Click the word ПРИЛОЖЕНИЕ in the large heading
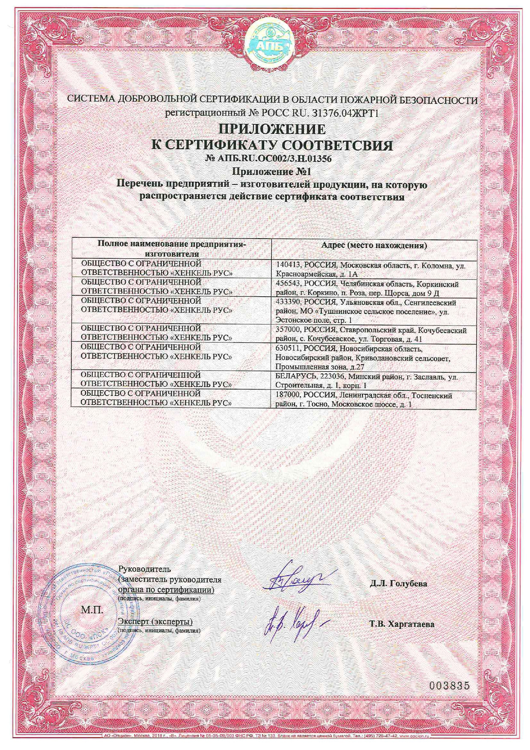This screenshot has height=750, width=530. [x=272, y=129]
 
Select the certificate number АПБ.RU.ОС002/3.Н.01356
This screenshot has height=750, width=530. [x=269, y=159]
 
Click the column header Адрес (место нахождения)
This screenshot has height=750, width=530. [x=374, y=245]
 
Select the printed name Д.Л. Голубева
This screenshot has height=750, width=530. [x=398, y=583]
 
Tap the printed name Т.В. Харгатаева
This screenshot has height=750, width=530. [x=402, y=624]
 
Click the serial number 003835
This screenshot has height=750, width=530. [x=449, y=685]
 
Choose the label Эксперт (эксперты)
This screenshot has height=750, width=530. [x=155, y=621]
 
